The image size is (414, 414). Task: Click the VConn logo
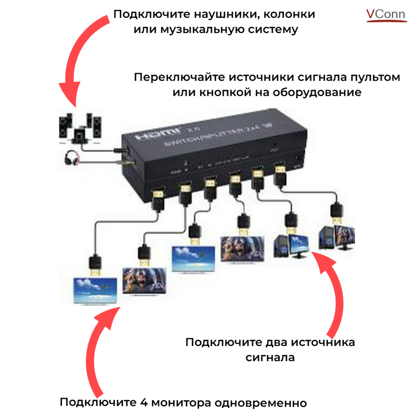[x=386, y=14]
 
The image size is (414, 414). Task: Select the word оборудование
[x=317, y=92]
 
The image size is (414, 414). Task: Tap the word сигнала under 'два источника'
[x=270, y=357]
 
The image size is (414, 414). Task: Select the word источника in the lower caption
[x=323, y=342]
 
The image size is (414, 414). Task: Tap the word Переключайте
[x=180, y=77]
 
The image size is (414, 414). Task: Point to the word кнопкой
[x=226, y=92]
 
